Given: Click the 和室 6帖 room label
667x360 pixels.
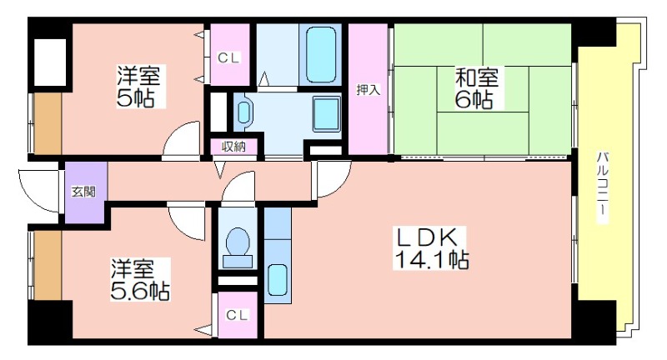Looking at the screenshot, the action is pos(475,88).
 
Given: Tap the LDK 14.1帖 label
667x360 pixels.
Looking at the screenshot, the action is pos(431,248).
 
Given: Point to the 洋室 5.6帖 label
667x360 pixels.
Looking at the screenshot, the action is pos(140,279).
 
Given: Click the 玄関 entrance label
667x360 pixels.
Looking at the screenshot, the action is pos(83,192).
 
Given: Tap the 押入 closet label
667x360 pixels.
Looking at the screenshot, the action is pos(368,90).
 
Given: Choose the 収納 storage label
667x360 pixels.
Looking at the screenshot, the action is pos(233,147).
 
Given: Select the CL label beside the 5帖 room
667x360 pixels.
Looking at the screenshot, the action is pos(228,57).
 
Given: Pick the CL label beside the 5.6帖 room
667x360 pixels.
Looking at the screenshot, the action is pos(237,315).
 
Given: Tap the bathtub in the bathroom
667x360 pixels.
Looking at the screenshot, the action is pos(321,54).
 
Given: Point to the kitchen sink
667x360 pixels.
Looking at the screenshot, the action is pos(278,282).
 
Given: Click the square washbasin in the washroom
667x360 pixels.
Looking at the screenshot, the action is pos(327,114).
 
